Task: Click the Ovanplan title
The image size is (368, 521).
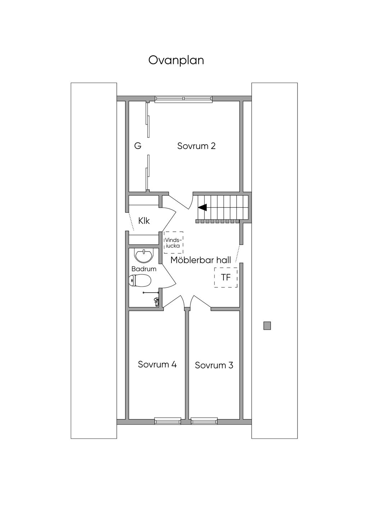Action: pos(176,60)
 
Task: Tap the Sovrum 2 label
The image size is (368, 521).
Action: pos(196,146)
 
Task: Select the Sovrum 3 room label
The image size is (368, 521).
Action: pos(214,366)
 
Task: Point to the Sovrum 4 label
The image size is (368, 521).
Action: pos(157,364)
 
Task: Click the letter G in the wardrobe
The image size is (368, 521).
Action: pos(138,146)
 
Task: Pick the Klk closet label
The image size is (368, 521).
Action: pos(144,221)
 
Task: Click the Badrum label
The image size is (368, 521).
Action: pos(144,269)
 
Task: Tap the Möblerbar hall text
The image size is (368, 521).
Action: pos(201,260)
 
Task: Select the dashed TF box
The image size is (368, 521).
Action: pos(226,277)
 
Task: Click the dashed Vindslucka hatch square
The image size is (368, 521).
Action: pos(173,243)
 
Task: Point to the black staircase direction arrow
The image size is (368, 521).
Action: pos(202,207)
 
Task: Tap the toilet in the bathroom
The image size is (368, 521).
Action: pos(140,280)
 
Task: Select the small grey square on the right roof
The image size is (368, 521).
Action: pos(267,326)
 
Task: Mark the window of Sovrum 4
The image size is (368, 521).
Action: pos(167,420)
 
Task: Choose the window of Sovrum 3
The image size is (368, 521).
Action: pos(204,420)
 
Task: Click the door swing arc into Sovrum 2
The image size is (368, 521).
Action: pos(181,201)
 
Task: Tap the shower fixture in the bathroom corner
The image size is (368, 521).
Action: pos(156,301)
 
